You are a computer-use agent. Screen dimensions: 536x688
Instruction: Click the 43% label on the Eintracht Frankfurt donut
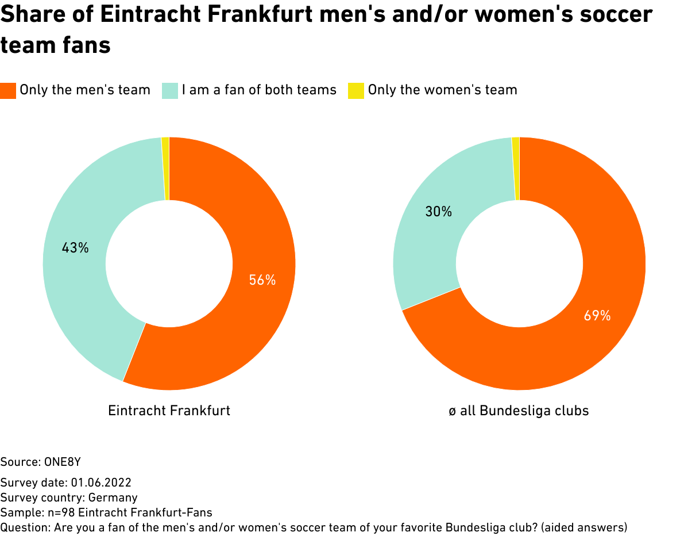(x=75, y=248)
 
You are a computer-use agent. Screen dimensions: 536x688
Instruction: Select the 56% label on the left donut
(x=262, y=280)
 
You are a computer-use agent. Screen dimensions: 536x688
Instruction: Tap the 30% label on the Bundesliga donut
(x=438, y=212)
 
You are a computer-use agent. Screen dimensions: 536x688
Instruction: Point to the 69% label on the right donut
(x=597, y=315)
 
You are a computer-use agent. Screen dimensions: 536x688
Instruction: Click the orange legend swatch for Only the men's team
(x=8, y=91)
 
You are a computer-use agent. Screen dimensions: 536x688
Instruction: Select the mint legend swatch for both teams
(x=170, y=91)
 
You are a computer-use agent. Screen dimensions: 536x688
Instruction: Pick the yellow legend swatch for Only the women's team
(x=356, y=91)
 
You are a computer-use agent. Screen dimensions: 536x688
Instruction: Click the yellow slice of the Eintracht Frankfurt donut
(x=165, y=169)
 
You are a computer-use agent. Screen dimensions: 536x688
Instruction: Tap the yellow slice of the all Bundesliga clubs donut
(x=516, y=169)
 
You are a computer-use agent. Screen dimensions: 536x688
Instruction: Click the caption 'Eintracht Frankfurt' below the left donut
(x=169, y=411)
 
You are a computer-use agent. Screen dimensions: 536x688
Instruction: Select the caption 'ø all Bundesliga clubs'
(x=519, y=411)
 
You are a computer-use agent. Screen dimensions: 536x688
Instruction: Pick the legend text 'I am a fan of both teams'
(x=259, y=90)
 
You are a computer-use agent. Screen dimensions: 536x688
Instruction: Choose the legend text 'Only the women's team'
(x=442, y=90)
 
